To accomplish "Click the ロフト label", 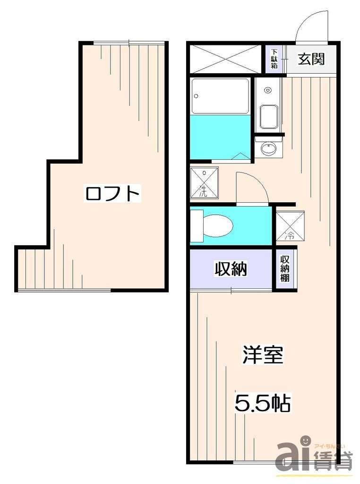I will point(113,193).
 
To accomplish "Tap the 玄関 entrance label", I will point(311,59).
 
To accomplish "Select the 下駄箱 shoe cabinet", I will point(274,60).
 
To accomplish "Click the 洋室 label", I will point(263,356).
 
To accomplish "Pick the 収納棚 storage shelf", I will point(285,269).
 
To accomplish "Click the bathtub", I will point(220,96).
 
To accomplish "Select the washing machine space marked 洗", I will point(204,182).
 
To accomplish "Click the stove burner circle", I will point(268,90).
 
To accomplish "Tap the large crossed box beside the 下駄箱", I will point(225,59).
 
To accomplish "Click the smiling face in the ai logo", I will point(305,441).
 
